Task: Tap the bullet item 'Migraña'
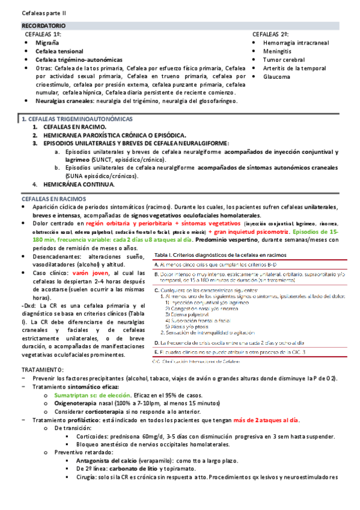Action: (x=48, y=43)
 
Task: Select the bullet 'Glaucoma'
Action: (x=276, y=77)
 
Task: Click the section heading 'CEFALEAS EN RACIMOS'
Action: (x=52, y=198)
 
